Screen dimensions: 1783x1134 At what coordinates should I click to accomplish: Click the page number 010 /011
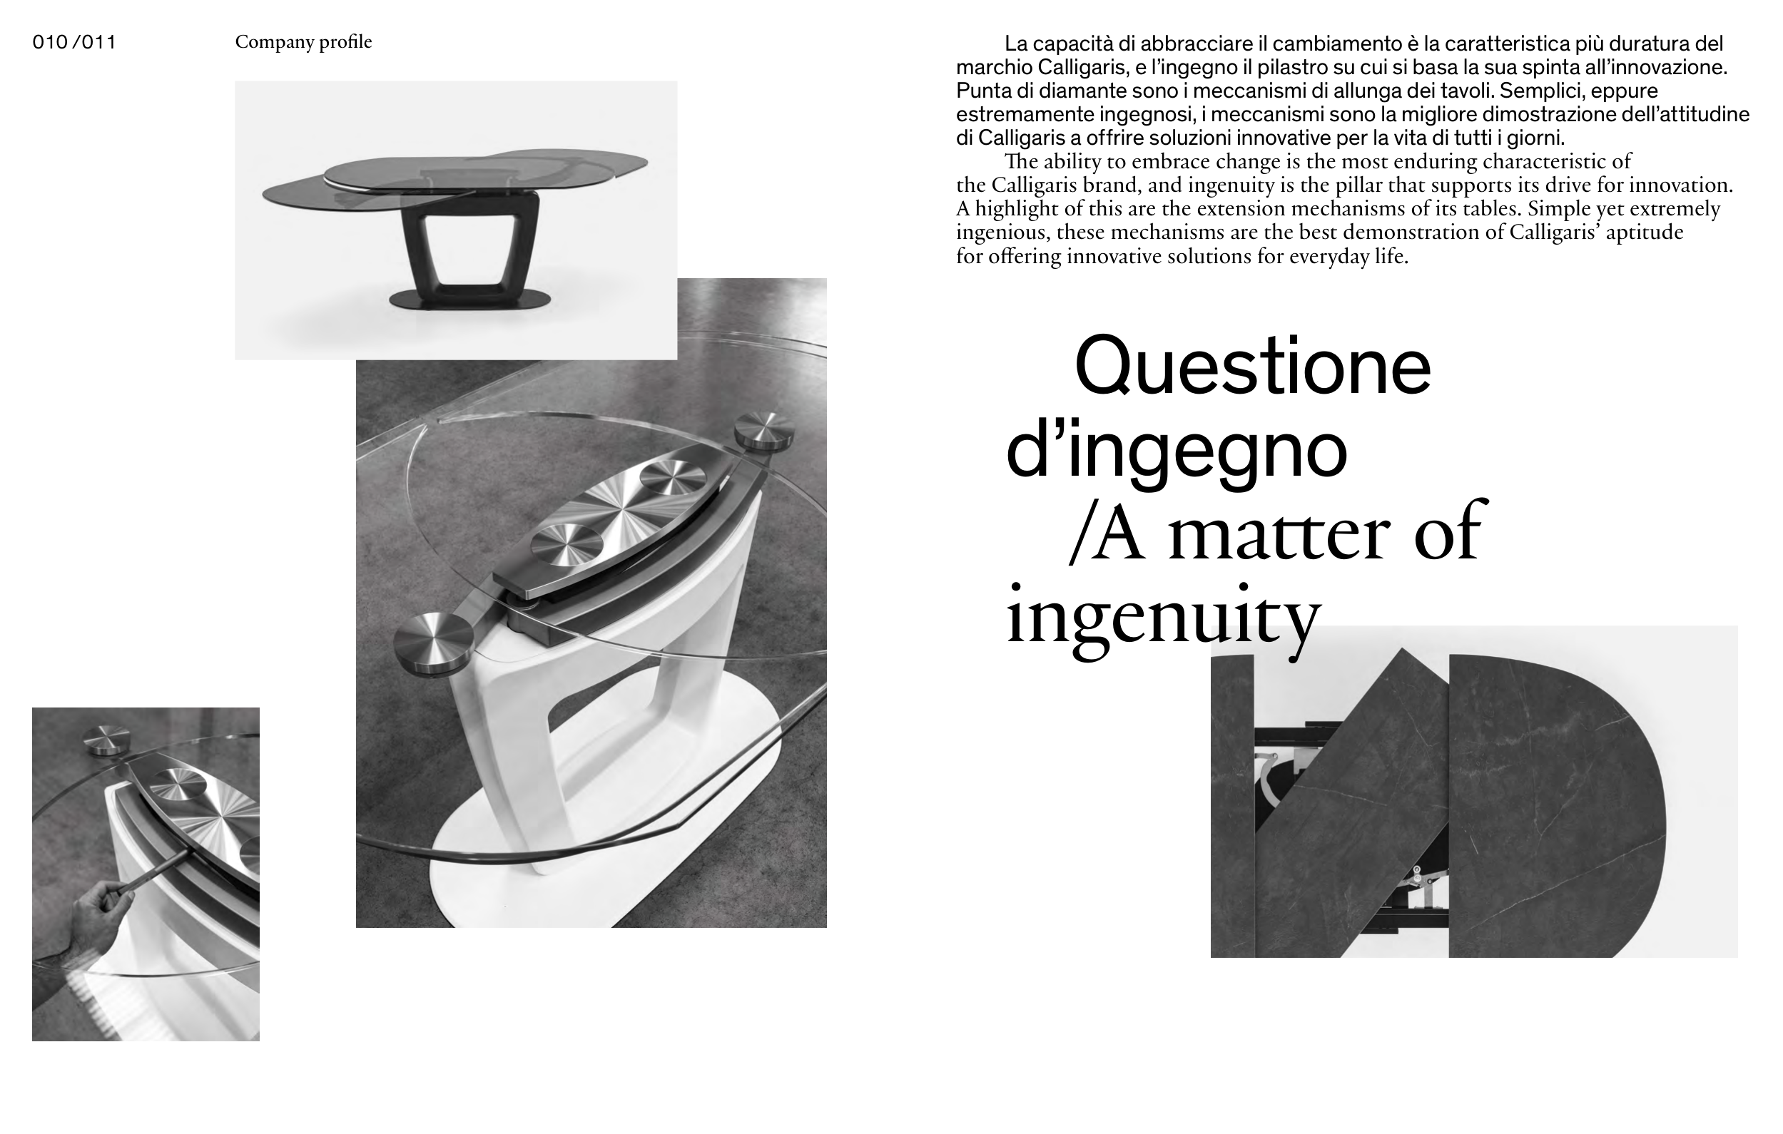(x=74, y=42)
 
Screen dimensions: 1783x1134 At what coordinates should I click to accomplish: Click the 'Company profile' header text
(x=303, y=42)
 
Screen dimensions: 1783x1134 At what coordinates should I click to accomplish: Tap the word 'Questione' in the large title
(x=1253, y=367)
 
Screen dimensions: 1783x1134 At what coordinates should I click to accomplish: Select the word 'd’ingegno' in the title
(x=1176, y=449)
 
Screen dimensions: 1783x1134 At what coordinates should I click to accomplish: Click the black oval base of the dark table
(x=470, y=299)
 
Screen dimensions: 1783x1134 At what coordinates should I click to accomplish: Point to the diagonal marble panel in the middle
(x=1351, y=803)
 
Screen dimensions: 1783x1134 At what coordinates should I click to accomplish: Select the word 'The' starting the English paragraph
(x=1022, y=161)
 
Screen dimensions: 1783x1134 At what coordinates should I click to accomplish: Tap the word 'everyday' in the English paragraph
(x=1326, y=257)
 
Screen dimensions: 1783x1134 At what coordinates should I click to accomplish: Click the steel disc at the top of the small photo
(x=106, y=741)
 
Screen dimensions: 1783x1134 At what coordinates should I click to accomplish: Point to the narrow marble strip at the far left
(x=1233, y=806)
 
